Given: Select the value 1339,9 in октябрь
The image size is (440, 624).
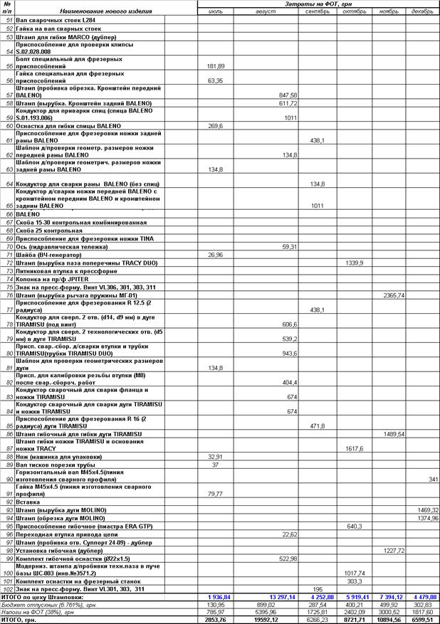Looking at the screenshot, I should pos(354,263).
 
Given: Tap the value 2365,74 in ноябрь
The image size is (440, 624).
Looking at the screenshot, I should pos(394,295).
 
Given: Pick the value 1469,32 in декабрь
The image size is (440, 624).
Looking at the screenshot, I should pos(428,510).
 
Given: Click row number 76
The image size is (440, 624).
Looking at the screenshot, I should pos(9,295).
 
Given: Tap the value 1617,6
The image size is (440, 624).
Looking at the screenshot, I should pos(355,448).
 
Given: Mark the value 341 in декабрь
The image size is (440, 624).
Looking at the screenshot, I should pos(433,479).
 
